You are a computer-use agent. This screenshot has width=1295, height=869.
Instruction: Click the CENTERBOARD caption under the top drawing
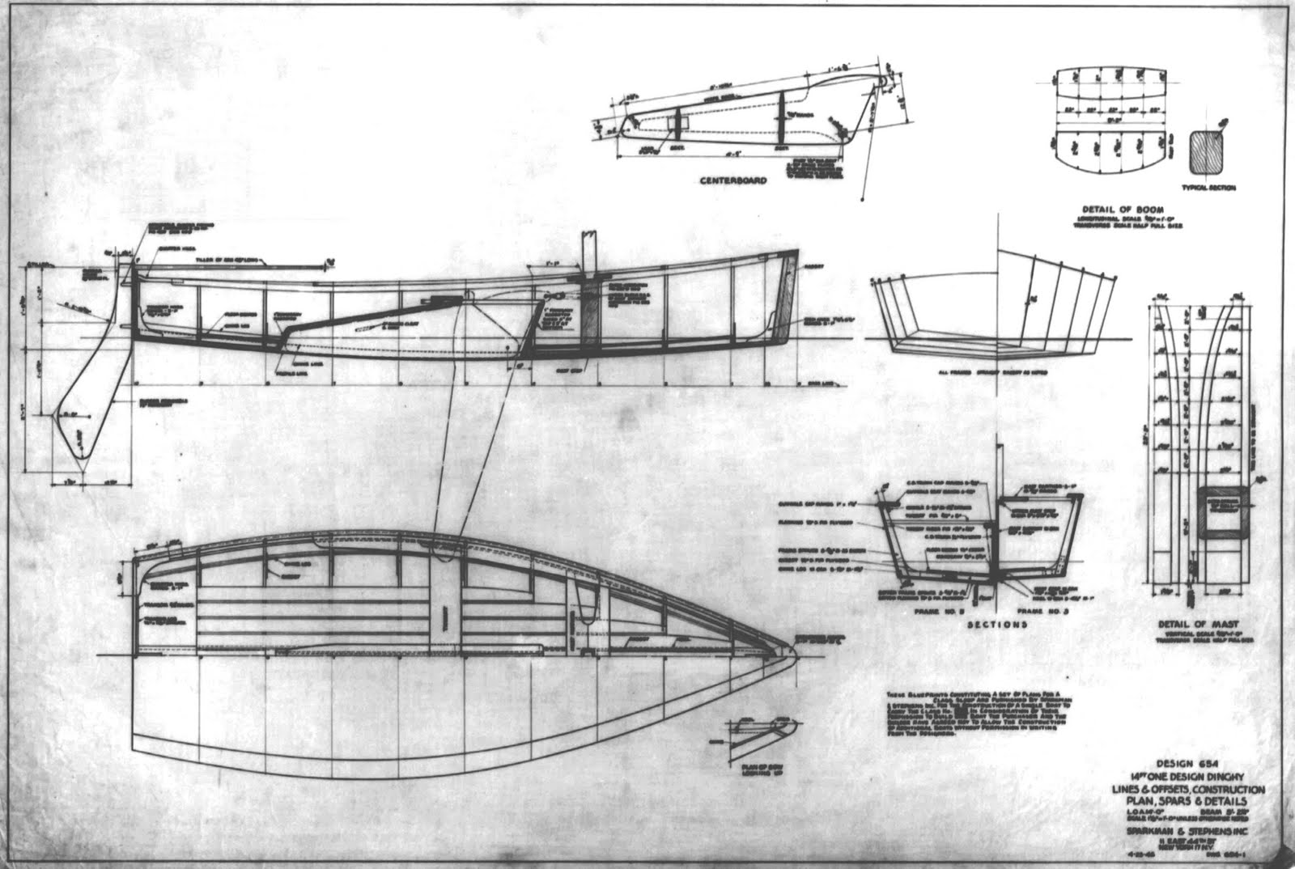(733, 180)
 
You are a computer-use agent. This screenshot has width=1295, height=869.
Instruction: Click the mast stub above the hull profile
(588, 252)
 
